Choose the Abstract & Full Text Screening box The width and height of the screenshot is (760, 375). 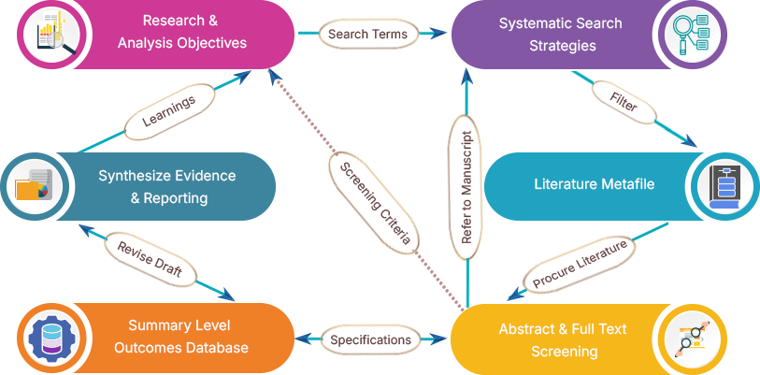click(x=561, y=339)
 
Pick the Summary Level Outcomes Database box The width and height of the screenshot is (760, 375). click(x=178, y=337)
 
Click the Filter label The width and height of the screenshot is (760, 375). click(x=624, y=102)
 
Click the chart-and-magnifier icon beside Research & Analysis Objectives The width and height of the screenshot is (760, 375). click(x=44, y=33)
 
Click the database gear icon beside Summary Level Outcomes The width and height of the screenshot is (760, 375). click(x=44, y=337)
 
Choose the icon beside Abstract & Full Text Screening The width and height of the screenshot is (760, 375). click(x=691, y=339)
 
